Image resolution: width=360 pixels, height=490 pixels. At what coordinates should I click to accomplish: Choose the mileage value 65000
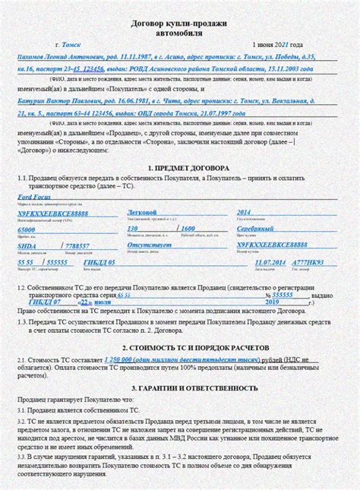(x=26, y=229)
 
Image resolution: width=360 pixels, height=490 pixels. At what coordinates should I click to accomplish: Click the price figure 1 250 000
(x=124, y=359)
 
